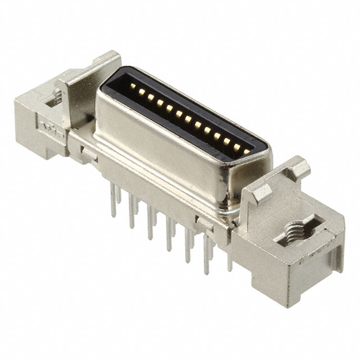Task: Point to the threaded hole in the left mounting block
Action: click(x=53, y=101)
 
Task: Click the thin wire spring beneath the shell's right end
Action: click(x=228, y=217)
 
